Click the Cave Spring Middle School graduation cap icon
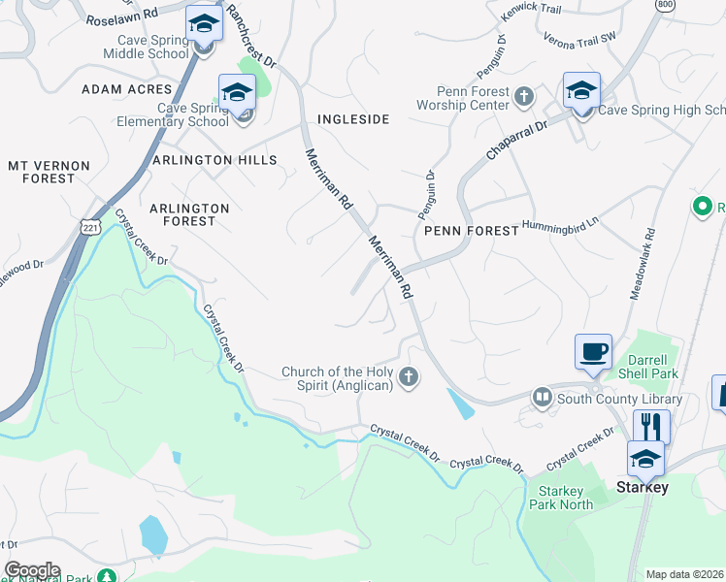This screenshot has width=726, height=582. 204,23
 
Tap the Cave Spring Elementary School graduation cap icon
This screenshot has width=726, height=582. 237,93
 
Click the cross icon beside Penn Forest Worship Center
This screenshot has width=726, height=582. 524,96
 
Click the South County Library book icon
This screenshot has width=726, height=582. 542,398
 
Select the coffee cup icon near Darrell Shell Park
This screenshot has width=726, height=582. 593,352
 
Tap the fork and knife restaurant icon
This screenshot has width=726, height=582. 651,426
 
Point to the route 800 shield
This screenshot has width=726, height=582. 665,5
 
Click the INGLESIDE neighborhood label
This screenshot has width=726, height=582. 353,119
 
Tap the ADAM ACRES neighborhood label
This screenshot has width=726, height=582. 128,89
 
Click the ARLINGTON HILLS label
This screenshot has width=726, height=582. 214,160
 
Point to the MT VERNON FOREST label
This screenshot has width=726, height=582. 42,172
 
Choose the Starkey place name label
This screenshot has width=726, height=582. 643,488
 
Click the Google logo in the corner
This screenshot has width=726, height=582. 32,569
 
